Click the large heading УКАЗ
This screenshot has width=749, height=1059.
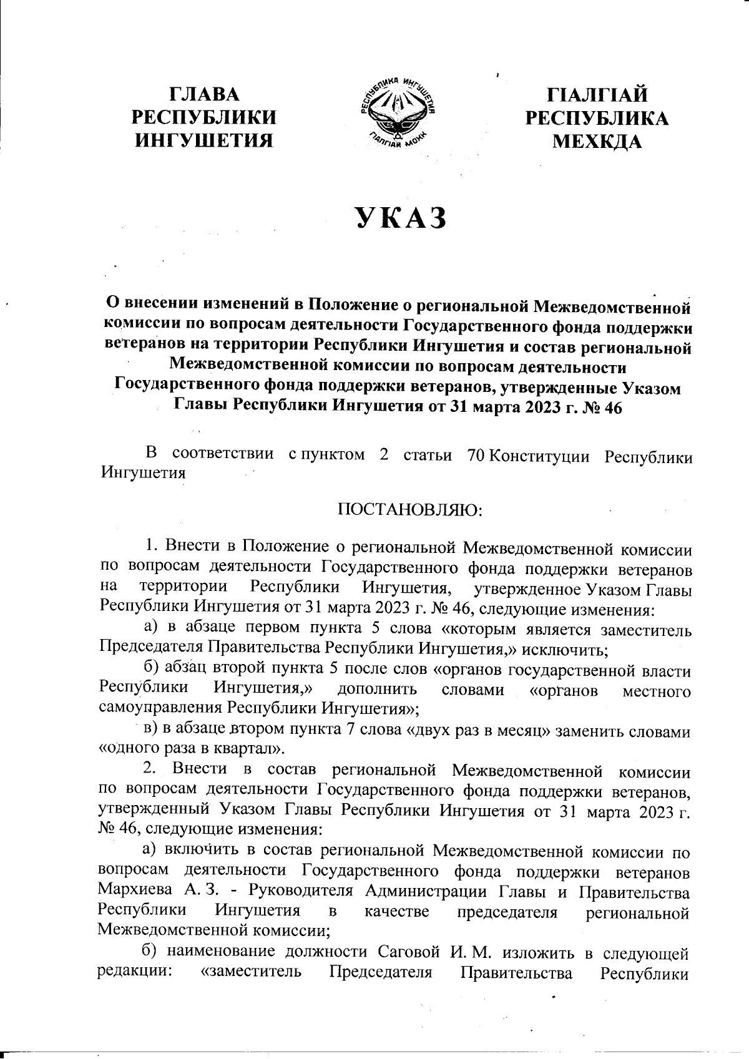pos(401,218)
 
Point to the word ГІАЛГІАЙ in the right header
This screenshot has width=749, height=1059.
pos(597,95)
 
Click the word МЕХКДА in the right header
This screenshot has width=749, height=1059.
pos(597,142)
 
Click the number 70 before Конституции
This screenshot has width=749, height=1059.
pos(476,456)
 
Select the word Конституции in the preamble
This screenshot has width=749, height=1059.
pos(539,456)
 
